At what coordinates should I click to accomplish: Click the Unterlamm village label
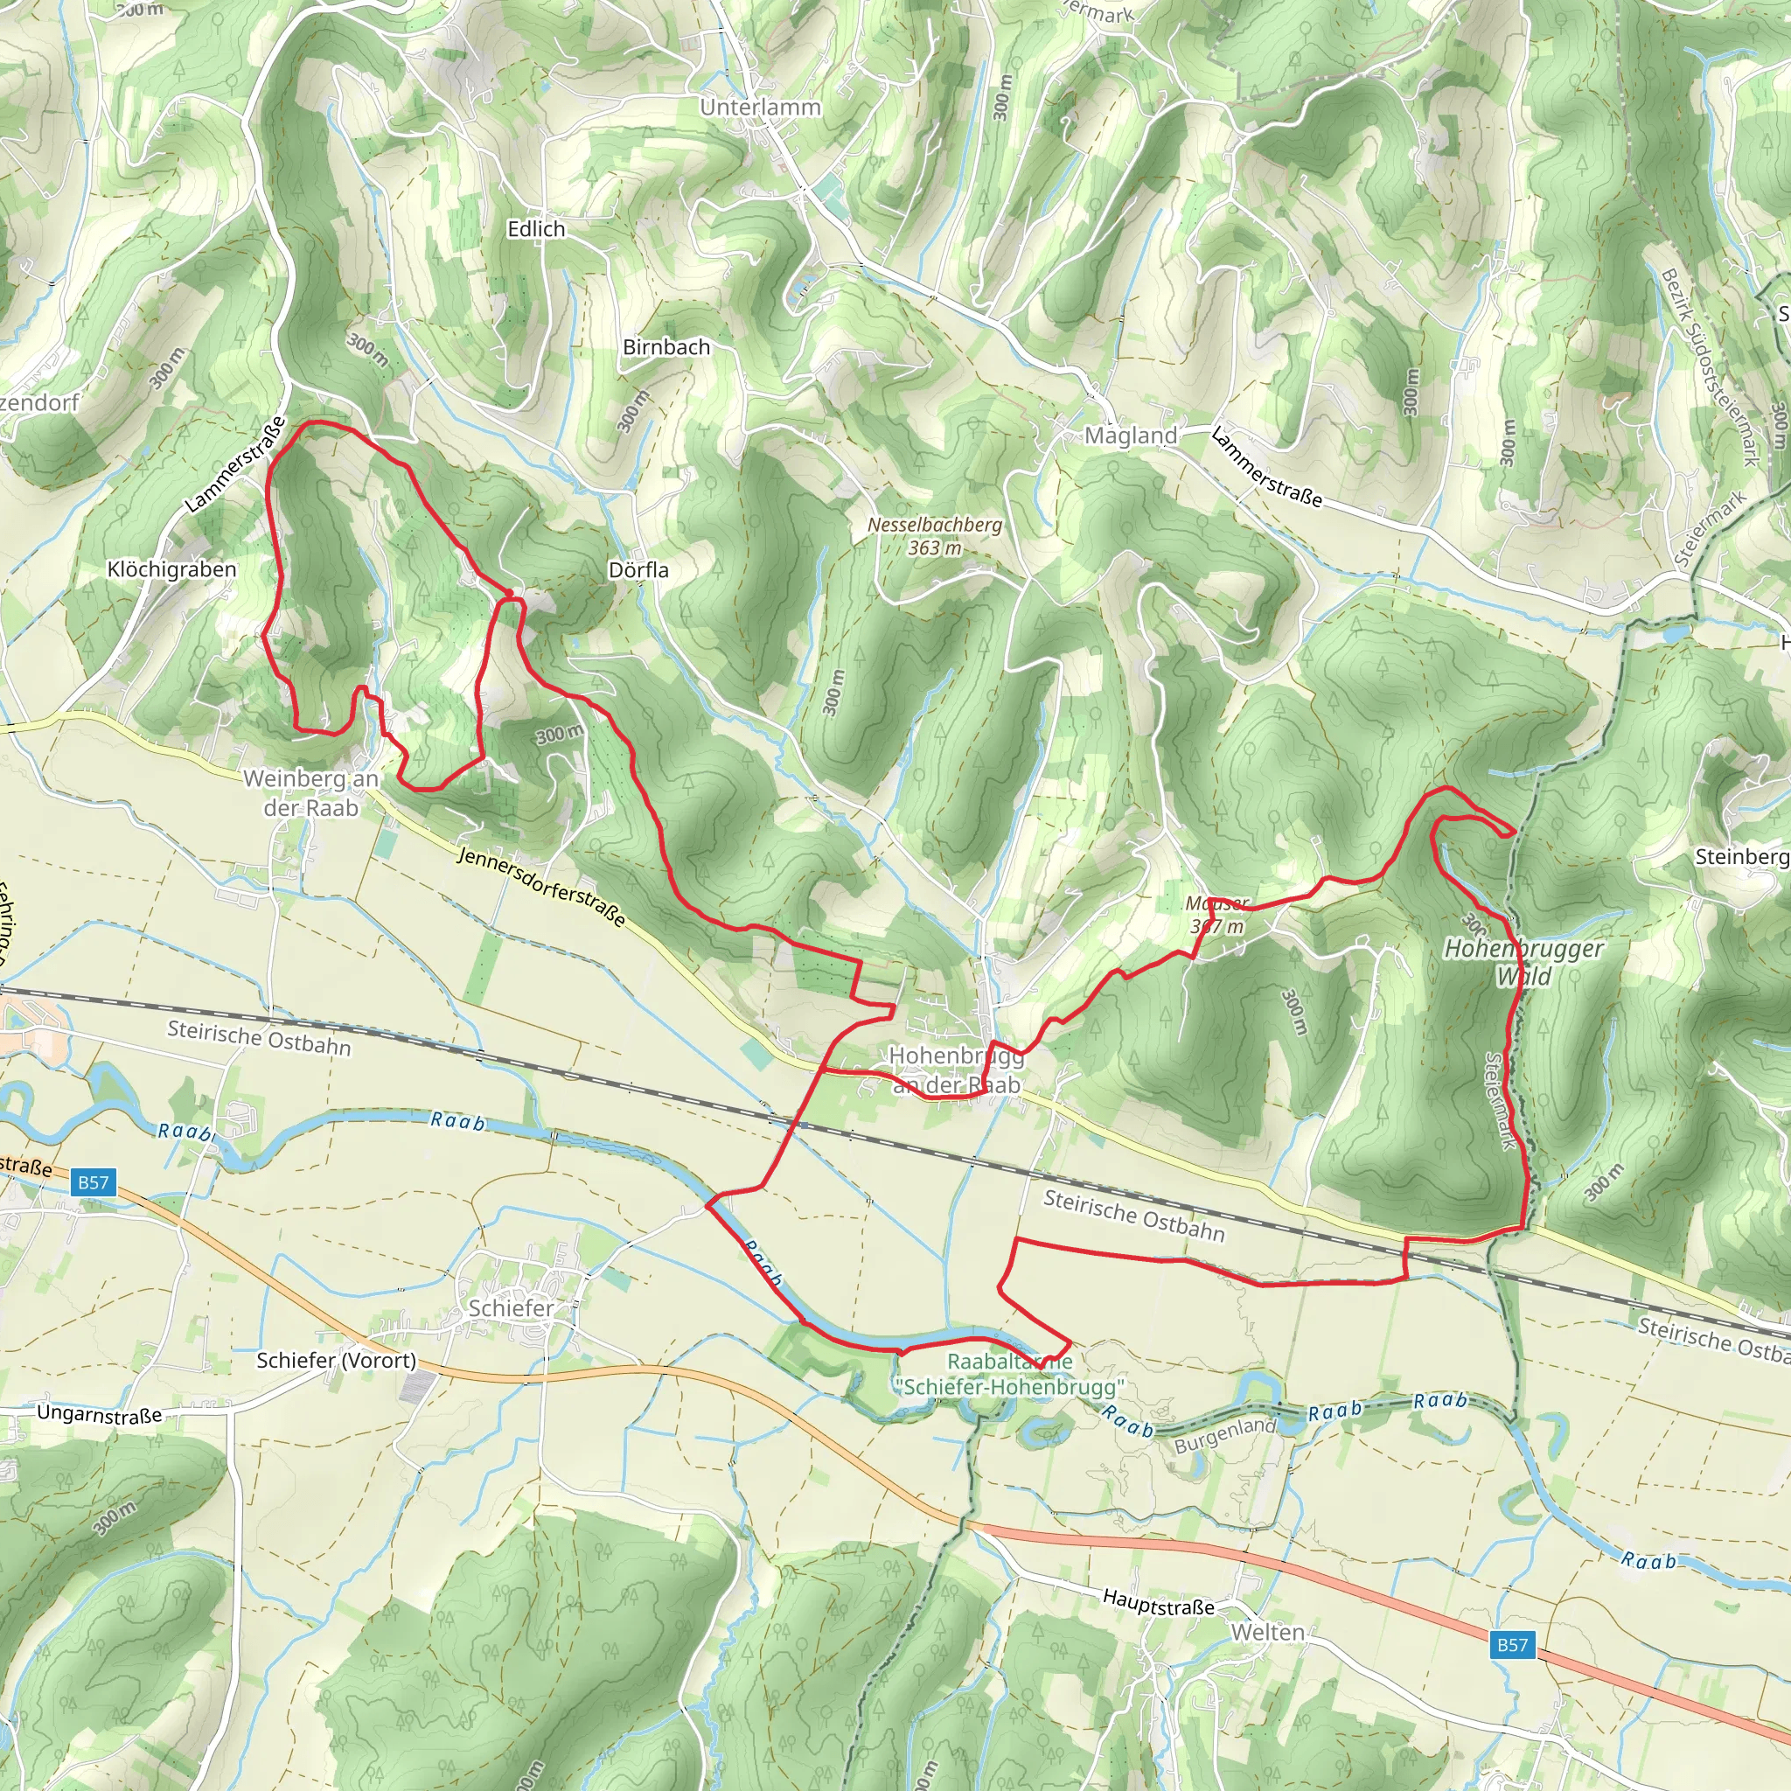[x=760, y=108]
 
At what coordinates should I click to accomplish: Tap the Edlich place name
[x=536, y=229]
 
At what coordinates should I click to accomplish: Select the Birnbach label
[x=666, y=346]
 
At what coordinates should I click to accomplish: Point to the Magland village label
[x=1130, y=435]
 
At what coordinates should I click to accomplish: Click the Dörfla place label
[x=638, y=570]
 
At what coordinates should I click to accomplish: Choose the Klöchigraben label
[x=171, y=569]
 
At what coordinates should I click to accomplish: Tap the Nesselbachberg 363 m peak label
[x=935, y=536]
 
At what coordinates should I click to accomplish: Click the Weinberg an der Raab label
[x=310, y=792]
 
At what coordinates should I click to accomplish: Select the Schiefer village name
[x=511, y=1308]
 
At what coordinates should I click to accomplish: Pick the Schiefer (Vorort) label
[x=336, y=1360]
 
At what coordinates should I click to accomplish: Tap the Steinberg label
[x=1741, y=856]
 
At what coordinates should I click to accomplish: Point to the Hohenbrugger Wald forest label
[x=1523, y=961]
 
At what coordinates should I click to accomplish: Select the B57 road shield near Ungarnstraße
[x=93, y=1182]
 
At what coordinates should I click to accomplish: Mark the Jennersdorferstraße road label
[x=541, y=886]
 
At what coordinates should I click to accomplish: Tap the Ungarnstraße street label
[x=99, y=1414]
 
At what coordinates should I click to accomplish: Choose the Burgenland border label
[x=1224, y=1436]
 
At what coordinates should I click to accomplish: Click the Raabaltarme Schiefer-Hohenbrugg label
[x=1008, y=1374]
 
